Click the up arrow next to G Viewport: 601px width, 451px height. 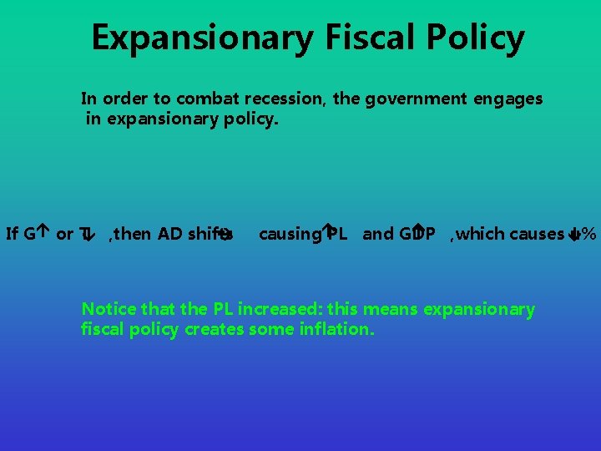coord(42,234)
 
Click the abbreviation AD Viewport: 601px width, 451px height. coord(170,234)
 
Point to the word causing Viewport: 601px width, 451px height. coord(289,234)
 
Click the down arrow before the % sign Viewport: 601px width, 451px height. coord(574,235)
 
